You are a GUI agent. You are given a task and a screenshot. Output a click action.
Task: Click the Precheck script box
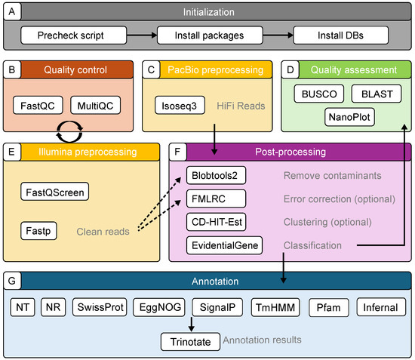pyautogui.click(x=74, y=35)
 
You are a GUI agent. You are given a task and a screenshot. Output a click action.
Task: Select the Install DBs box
pyautogui.click(x=340, y=35)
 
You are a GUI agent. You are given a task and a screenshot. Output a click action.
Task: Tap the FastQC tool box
pyautogui.click(x=38, y=106)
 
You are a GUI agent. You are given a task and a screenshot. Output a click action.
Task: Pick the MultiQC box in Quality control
pyautogui.click(x=96, y=106)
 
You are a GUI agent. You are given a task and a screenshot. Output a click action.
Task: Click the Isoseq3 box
pyautogui.click(x=180, y=106)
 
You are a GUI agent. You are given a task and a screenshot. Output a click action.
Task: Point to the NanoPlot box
pyautogui.click(x=349, y=117)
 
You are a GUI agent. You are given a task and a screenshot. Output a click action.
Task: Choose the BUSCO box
pyautogui.click(x=319, y=94)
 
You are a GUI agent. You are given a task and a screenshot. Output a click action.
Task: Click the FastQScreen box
pyautogui.click(x=55, y=192)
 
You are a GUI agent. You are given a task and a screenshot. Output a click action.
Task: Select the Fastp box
pyautogui.click(x=38, y=231)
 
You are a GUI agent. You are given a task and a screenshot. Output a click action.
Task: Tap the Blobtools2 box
pyautogui.click(x=216, y=175)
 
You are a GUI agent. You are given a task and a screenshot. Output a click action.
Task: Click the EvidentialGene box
pyautogui.click(x=224, y=245)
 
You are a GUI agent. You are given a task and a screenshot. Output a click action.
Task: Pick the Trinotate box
pyautogui.click(x=190, y=342)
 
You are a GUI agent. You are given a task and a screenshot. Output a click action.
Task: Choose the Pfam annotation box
pyautogui.click(x=329, y=307)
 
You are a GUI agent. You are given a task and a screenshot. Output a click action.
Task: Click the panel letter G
pyautogui.click(x=12, y=281)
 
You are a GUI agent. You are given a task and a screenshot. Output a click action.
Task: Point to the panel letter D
pyautogui.click(x=290, y=70)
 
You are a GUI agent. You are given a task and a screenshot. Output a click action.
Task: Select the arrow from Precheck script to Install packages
pyautogui.click(x=142, y=35)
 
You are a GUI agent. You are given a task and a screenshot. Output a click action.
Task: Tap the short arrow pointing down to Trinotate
pyautogui.click(x=192, y=324)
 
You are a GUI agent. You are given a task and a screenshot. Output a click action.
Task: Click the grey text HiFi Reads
pyautogui.click(x=241, y=106)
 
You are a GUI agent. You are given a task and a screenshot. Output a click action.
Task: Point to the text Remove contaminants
pyautogui.click(x=333, y=176)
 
